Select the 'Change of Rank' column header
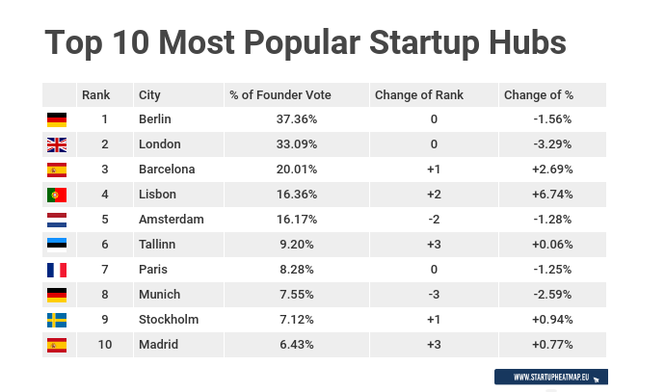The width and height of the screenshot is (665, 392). point(418,94)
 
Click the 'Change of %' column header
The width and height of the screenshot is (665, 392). point(538,94)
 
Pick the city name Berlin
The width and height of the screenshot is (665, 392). point(155,119)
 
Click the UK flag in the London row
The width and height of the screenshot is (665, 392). point(57,144)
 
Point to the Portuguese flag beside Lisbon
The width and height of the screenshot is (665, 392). point(57,195)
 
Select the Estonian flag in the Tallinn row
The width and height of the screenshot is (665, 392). point(57,245)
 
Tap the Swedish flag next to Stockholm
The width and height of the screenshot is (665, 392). point(57,320)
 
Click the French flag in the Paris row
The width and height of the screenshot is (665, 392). point(57,270)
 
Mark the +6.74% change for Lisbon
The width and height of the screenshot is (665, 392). point(552,195)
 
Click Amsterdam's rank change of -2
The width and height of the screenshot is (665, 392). point(434,220)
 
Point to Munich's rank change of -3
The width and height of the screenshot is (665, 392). point(434,295)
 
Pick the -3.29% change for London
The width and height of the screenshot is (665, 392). point(552,144)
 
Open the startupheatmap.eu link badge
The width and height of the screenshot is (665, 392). point(550,377)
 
